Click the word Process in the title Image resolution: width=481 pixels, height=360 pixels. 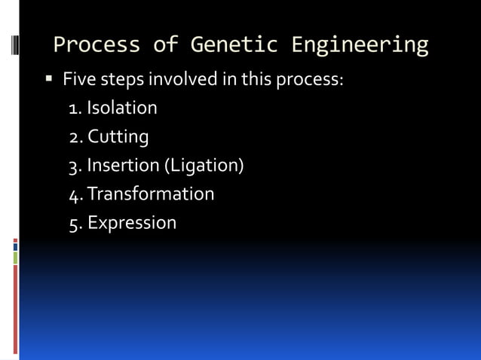tap(97, 45)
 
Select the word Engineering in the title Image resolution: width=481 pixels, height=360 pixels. tap(366, 45)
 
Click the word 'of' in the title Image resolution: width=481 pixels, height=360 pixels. tap(165, 45)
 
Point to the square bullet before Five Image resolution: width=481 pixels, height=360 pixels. tap(49, 79)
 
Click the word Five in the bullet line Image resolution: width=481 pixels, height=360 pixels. tap(78, 79)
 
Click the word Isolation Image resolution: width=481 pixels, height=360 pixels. tap(122, 108)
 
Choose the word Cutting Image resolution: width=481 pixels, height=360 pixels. tap(118, 137)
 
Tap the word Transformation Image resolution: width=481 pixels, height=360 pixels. tap(151, 194)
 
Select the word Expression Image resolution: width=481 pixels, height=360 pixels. tap(132, 223)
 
